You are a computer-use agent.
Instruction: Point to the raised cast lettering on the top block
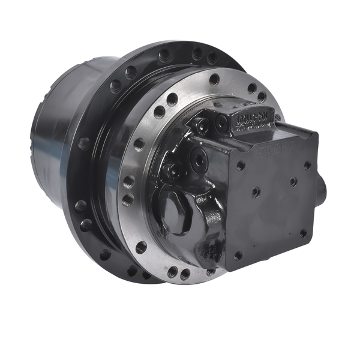coord(251,116)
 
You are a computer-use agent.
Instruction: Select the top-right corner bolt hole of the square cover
coord(307,164)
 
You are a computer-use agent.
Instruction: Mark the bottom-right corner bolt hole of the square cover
coord(303,233)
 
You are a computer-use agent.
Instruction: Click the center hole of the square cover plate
coord(257,193)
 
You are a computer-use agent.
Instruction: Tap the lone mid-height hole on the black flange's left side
coord(84,144)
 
